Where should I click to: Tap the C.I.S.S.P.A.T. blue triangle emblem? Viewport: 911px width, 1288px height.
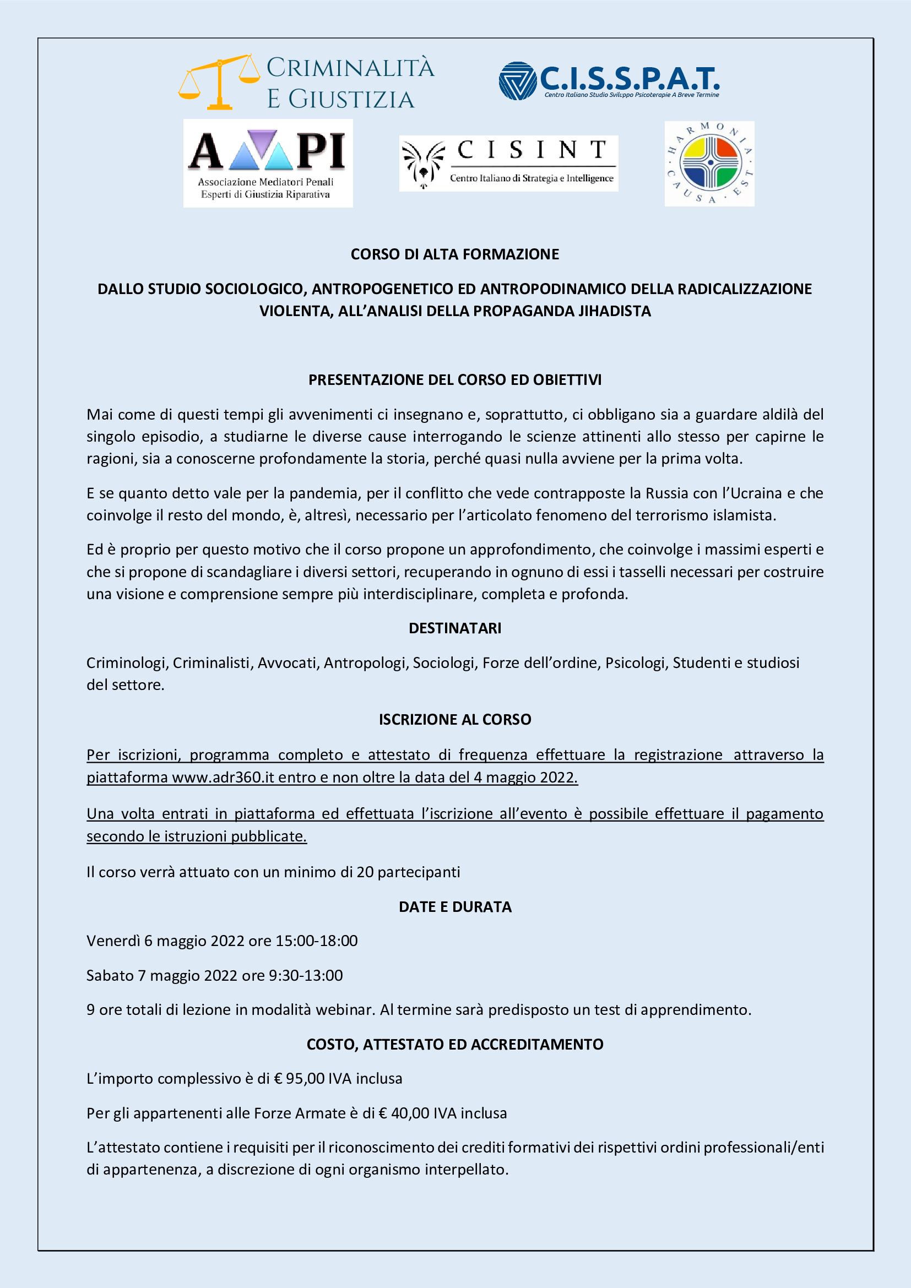[x=517, y=81]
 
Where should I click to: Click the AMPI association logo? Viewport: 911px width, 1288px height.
[x=268, y=162]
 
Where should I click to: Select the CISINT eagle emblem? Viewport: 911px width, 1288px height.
[x=423, y=164]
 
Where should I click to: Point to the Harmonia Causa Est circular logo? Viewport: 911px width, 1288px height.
[x=709, y=163]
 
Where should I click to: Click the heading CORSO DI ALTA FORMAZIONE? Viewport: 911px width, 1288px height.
[x=455, y=254]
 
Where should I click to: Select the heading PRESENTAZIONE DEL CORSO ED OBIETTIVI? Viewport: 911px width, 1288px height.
[x=455, y=380]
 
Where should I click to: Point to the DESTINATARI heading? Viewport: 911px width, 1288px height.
[x=455, y=628]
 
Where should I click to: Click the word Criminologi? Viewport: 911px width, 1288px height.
[x=127, y=663]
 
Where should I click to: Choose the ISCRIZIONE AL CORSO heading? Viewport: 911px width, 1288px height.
[x=455, y=720]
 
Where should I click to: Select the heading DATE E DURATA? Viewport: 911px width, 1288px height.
[x=455, y=907]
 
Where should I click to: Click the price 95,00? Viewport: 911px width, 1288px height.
[x=305, y=1079]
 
